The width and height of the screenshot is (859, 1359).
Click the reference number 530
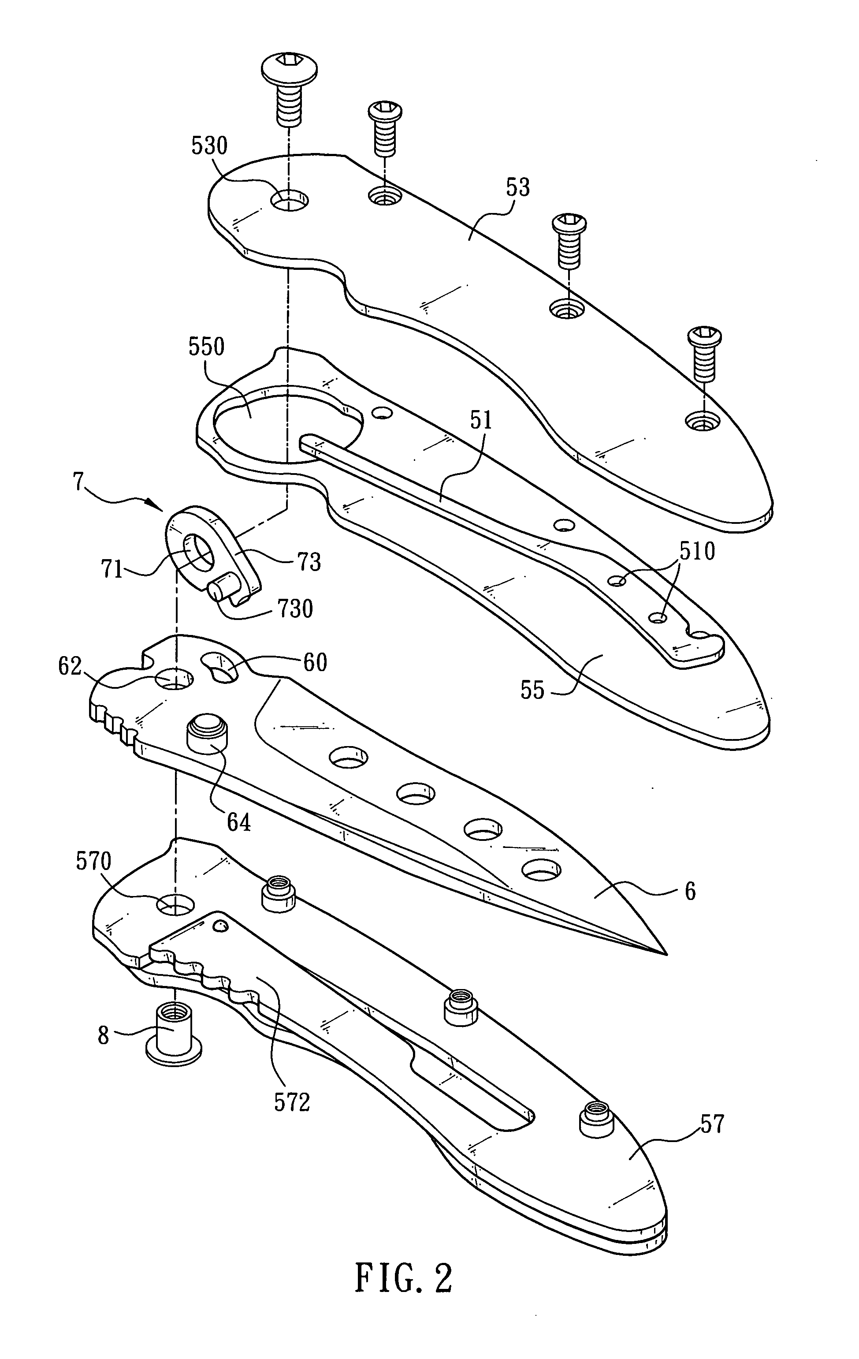pos(209,146)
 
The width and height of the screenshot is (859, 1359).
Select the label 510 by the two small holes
pos(696,551)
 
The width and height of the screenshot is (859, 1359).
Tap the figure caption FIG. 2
pos(404,1291)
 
